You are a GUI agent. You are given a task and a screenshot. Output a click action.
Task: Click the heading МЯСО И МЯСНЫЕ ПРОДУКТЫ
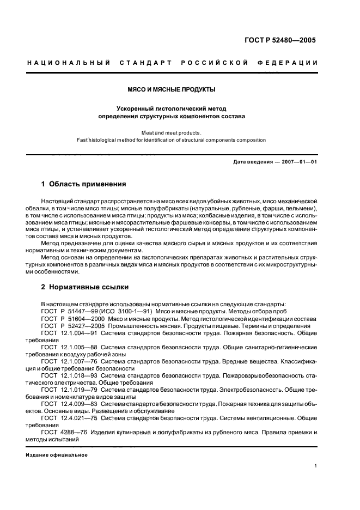click(172, 89)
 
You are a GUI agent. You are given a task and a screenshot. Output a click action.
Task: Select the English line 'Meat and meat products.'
click(172, 132)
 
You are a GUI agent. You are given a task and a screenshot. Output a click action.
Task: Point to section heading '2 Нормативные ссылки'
click(85, 287)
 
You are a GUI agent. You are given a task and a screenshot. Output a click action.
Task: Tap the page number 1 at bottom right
click(316, 465)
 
